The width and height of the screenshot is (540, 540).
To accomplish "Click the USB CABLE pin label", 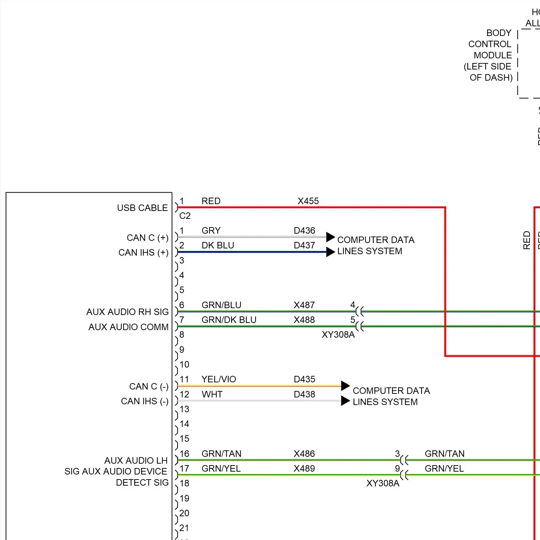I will (142, 208).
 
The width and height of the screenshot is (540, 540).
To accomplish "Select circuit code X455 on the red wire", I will (308, 201).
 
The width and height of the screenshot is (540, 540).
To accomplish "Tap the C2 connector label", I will (185, 216).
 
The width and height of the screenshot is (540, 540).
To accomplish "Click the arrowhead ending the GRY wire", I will (330, 237).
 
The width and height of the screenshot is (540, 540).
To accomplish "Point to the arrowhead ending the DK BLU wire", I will (330, 252).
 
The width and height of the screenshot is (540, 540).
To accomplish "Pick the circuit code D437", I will (304, 246).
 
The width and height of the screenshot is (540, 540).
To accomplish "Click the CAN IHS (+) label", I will (143, 253).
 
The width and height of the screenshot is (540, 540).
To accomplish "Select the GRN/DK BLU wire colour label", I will (229, 320).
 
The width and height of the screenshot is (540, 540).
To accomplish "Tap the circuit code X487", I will (304, 305).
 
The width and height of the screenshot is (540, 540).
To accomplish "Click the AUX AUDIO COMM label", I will (129, 327).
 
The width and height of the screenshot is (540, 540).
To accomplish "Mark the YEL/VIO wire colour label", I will (219, 379).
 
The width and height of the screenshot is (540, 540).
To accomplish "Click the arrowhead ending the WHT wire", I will (345, 401).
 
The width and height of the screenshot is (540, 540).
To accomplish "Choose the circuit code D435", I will (304, 379).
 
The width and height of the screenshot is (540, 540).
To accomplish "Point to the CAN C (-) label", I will (149, 387).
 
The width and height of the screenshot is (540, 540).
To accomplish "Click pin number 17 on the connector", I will (184, 469).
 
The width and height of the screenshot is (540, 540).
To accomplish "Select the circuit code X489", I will (304, 469).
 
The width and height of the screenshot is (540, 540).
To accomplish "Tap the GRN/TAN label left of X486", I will (221, 454).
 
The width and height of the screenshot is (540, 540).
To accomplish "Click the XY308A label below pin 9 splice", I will (383, 483).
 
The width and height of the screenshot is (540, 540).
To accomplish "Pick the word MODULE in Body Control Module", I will (492, 55).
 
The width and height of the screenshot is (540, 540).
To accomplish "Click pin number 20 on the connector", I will (184, 513).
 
